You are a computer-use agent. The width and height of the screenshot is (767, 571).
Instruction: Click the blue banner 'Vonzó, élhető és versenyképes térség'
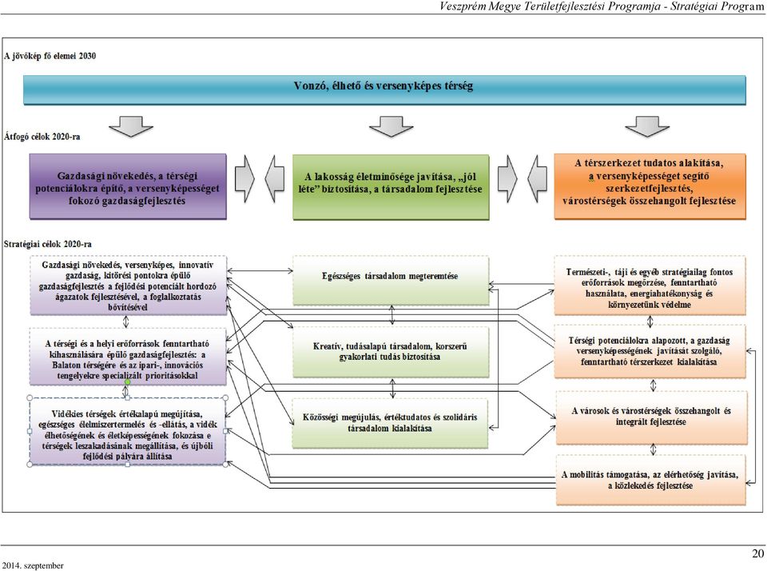coord(384,90)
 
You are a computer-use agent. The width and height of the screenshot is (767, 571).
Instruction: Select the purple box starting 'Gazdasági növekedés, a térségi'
coord(128,186)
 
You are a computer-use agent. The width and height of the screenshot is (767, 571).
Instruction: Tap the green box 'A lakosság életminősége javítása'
coord(391,187)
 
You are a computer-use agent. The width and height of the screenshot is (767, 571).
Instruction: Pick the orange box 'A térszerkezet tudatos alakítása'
coord(650,186)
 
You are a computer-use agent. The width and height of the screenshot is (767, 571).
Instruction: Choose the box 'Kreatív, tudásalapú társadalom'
coord(391,352)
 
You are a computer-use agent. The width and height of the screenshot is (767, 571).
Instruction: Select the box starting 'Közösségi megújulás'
coord(390,423)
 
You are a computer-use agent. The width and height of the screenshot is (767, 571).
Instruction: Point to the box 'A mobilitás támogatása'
coord(650,480)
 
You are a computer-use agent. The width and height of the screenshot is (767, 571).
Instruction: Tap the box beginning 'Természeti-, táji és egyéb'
coord(650,285)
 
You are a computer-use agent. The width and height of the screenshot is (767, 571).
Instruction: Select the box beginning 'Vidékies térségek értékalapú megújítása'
coord(128,431)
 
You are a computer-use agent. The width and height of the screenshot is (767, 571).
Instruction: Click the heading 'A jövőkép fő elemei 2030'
coord(50,56)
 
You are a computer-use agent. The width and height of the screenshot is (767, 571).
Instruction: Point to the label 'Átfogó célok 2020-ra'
coord(42,137)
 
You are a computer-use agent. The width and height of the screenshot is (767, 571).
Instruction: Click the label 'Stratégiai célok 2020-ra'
coord(47,244)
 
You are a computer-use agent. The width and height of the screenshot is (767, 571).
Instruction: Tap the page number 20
coord(757,553)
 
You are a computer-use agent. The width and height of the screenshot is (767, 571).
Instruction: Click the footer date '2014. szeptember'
coord(32,565)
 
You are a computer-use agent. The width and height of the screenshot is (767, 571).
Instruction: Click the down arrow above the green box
coord(391,126)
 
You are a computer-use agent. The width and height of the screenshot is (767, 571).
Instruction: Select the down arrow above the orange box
coord(646,126)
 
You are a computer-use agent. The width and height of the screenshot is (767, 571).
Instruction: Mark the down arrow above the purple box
coord(131,126)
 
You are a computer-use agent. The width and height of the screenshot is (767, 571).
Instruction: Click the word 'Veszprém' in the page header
coord(463,6)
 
